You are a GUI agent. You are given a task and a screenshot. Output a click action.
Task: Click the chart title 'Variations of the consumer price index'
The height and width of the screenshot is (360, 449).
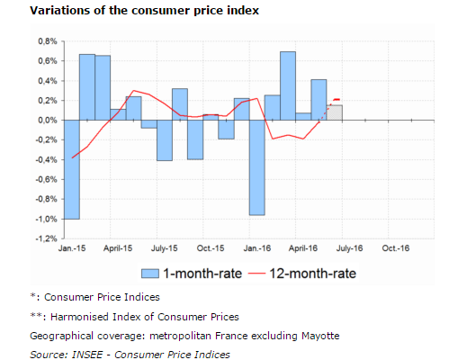point(144,11)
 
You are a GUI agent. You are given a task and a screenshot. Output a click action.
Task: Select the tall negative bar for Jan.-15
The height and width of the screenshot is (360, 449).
point(72,169)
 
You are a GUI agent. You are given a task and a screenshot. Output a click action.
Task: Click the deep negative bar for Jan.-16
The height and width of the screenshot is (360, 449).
point(257,167)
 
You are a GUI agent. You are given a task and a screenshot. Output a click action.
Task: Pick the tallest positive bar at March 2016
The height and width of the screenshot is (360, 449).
point(288,85)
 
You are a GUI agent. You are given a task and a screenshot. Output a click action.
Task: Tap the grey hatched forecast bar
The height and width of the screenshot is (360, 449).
point(335,112)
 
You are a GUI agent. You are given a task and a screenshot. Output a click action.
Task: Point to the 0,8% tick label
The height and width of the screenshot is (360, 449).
point(48,41)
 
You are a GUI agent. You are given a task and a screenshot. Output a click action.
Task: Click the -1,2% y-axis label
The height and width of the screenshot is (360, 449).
point(46,238)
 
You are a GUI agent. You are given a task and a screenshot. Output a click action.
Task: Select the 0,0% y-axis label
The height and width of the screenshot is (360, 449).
point(48,121)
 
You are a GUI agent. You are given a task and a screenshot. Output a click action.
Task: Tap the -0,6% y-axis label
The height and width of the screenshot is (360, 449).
point(46,179)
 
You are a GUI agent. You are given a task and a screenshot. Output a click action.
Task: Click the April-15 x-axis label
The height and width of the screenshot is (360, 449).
point(118,248)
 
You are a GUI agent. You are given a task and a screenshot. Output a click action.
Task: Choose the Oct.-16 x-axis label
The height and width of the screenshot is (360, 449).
point(396,248)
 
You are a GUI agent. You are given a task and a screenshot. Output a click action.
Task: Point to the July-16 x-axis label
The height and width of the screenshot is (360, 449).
point(349,248)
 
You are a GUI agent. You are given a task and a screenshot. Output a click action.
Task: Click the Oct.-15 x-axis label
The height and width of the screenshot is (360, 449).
point(211,248)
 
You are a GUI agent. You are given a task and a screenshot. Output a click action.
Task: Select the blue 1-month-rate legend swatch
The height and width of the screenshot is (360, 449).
point(150,274)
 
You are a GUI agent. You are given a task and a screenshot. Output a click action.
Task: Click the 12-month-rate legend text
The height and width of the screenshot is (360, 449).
point(313,274)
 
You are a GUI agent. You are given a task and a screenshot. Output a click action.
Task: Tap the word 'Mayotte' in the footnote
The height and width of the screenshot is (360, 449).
point(320,336)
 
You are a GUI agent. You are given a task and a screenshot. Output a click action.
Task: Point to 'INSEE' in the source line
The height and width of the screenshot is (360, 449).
point(87,355)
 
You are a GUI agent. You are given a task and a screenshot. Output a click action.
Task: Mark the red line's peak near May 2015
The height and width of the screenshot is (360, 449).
point(133,90)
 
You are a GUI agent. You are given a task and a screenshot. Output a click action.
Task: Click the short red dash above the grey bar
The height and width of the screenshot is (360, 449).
point(337,99)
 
